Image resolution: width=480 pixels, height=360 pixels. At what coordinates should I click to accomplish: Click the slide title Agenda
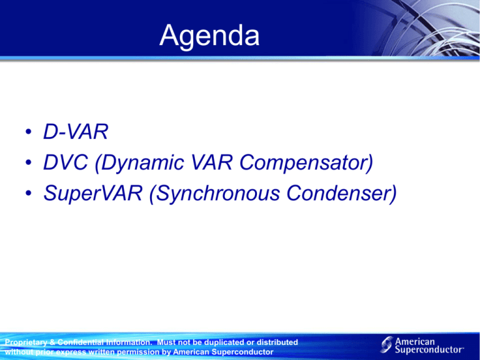pos(209,36)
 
